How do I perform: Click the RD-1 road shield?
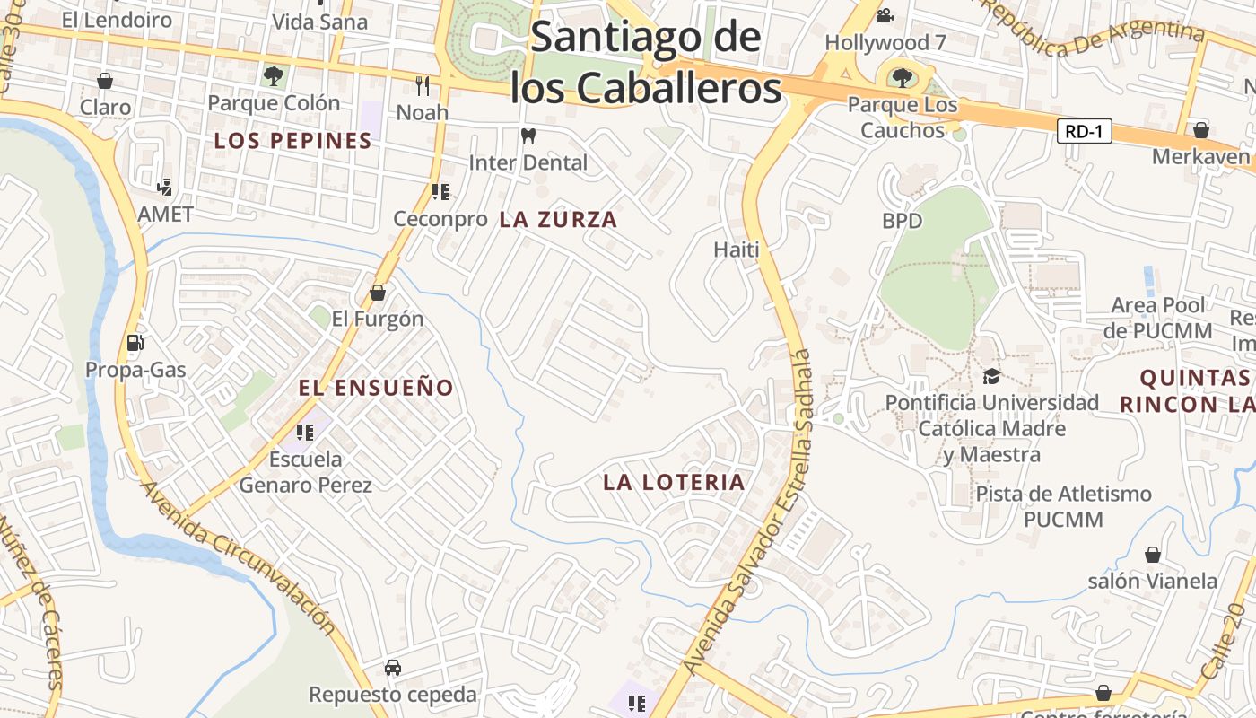click(x=1084, y=132)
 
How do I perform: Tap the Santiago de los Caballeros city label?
click(x=645, y=63)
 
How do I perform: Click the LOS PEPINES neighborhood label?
click(x=293, y=141)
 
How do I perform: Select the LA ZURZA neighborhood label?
click(x=558, y=220)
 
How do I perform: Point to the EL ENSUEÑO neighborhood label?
click(x=376, y=388)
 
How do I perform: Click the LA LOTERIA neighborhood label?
click(x=674, y=482)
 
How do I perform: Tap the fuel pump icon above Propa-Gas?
click(x=135, y=342)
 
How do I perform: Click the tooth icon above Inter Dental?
click(x=528, y=136)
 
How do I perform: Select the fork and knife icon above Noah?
click(x=423, y=85)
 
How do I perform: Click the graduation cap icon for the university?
click(x=991, y=376)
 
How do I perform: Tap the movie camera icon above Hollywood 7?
click(x=885, y=15)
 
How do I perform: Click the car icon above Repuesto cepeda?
click(x=393, y=667)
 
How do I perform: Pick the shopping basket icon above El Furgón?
click(x=378, y=293)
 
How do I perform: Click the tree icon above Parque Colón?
click(x=274, y=75)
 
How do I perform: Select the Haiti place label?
click(x=737, y=250)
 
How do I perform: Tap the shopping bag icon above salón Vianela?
click(x=1153, y=555)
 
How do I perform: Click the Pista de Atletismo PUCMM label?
click(x=1064, y=506)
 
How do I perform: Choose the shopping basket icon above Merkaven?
click(x=1201, y=130)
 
